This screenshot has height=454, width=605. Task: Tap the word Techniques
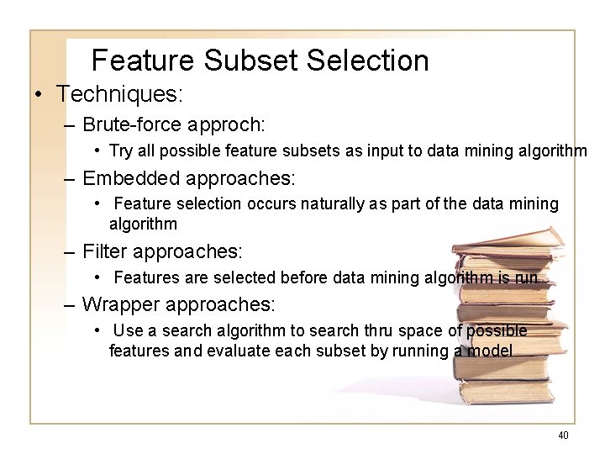(119, 92)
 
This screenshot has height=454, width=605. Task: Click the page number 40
(563, 435)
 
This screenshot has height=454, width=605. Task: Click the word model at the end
(489, 351)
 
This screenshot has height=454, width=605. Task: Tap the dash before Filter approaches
(70, 251)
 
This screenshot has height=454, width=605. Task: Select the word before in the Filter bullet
(301, 277)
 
